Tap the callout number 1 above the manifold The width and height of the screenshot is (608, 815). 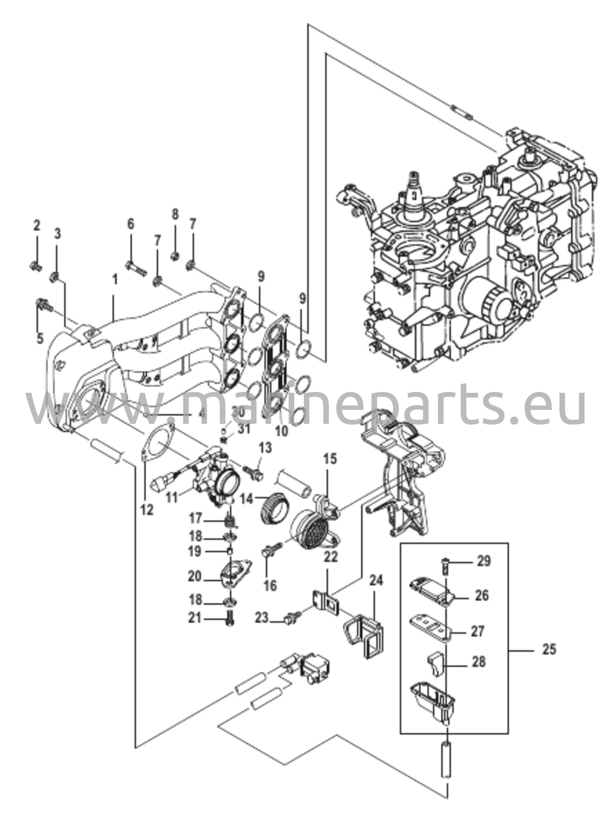[115, 281]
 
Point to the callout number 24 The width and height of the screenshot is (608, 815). [376, 581]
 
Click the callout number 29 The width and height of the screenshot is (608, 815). [484, 561]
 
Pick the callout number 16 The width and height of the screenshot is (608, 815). [270, 585]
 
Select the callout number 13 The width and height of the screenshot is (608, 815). [266, 448]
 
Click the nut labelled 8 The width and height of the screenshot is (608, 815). [174, 255]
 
